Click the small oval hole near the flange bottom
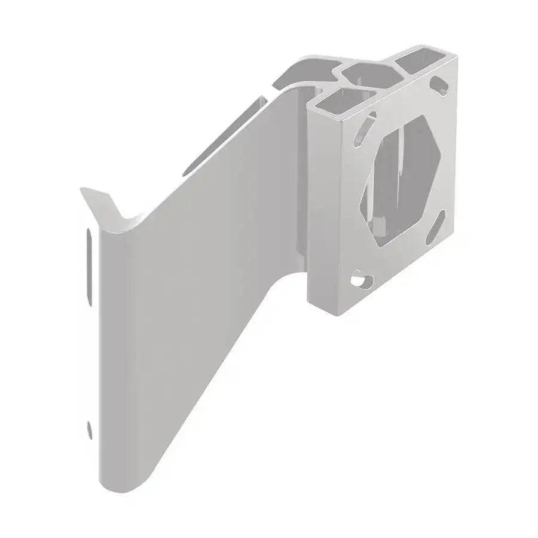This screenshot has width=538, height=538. pos(90,429)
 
